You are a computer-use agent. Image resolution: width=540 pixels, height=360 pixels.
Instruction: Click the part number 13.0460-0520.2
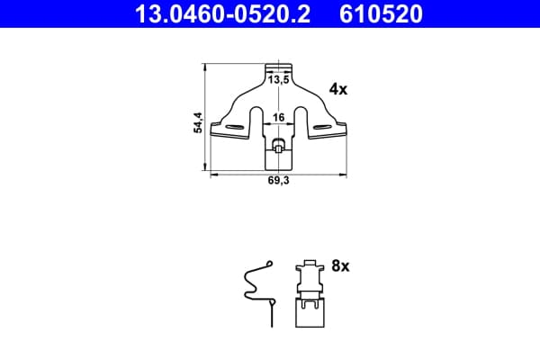tap(223, 13)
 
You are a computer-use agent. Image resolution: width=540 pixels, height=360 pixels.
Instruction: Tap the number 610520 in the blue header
tap(381, 13)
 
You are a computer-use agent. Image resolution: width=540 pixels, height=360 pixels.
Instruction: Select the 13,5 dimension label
tap(279, 80)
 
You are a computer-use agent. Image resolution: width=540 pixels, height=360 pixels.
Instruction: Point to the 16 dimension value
tap(279, 118)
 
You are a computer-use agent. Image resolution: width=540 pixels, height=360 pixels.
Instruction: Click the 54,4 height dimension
tap(198, 122)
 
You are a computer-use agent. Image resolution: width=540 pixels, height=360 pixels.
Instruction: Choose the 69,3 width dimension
tap(279, 181)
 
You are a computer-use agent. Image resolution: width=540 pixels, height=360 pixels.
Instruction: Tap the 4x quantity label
tap(338, 89)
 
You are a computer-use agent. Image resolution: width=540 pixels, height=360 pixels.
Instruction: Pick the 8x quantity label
tap(340, 266)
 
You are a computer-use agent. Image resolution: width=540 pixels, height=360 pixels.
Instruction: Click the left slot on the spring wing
tap(234, 127)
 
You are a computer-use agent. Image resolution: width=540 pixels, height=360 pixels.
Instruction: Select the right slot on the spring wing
tap(322, 127)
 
